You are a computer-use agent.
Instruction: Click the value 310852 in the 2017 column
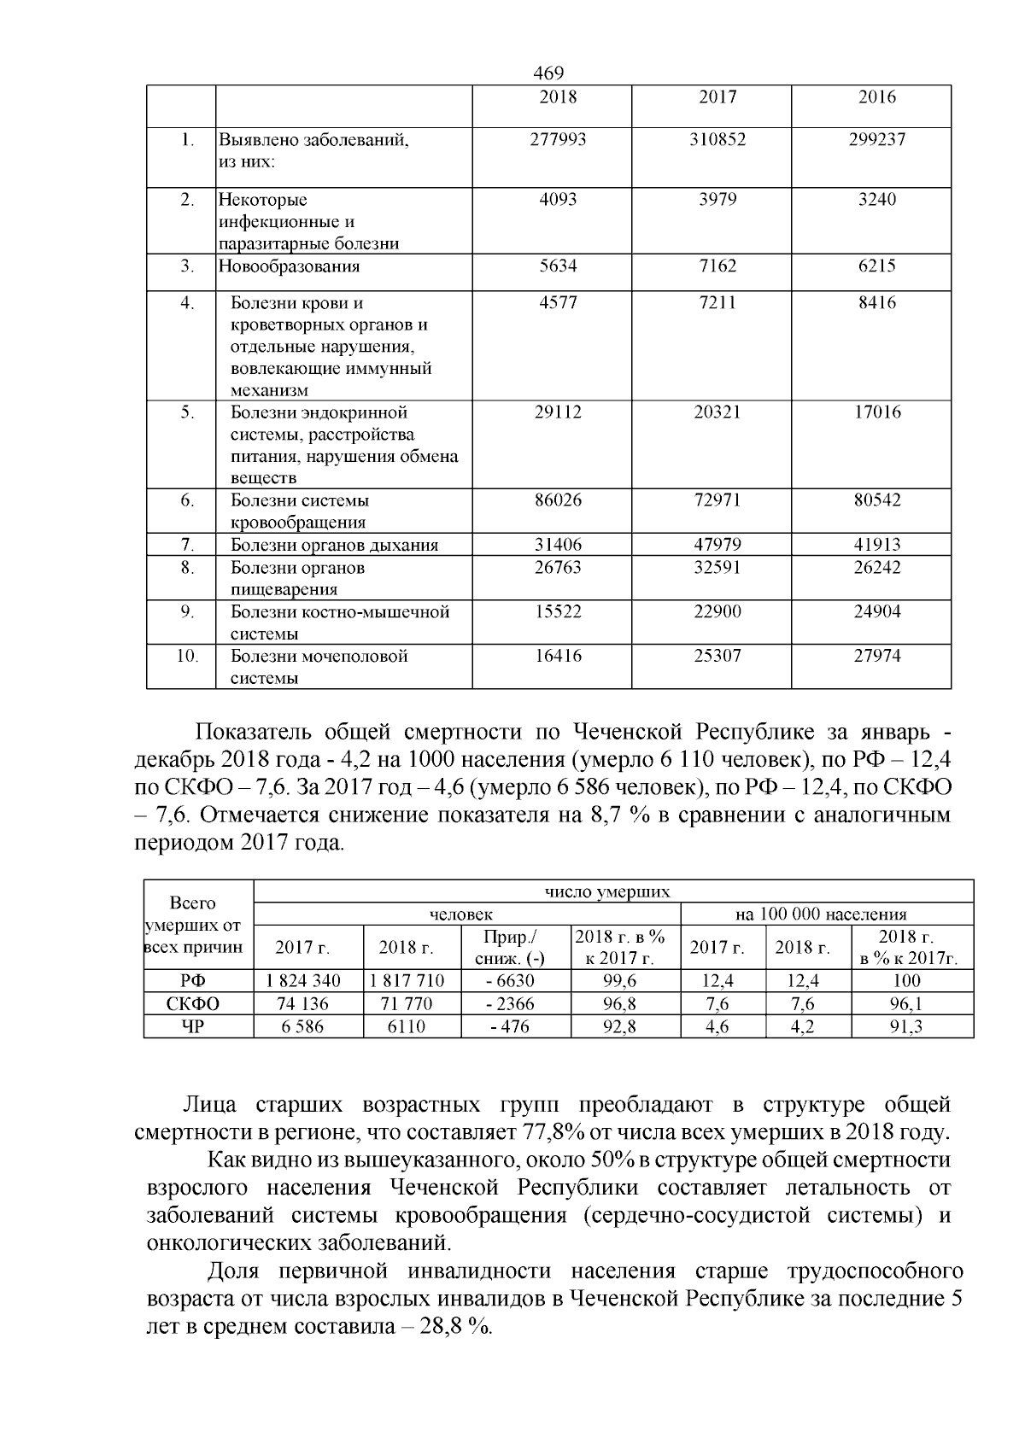[x=717, y=139]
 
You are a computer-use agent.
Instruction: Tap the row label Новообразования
[x=290, y=266]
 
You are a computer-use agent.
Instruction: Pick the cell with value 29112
[x=558, y=412]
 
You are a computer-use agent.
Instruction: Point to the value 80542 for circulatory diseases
[x=876, y=500]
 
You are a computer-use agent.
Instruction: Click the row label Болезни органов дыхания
[x=335, y=545]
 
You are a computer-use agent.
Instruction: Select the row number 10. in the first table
[x=188, y=656]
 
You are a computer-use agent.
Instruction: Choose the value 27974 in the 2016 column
[x=876, y=656]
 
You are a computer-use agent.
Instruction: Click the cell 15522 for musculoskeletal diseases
[x=558, y=612]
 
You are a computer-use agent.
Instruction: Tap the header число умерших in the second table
[x=607, y=891]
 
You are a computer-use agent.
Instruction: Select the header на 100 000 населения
[x=821, y=914]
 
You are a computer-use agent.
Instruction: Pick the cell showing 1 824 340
[x=303, y=981]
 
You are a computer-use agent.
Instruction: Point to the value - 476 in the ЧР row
[x=510, y=1027]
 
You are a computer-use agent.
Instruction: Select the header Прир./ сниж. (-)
[x=510, y=948]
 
